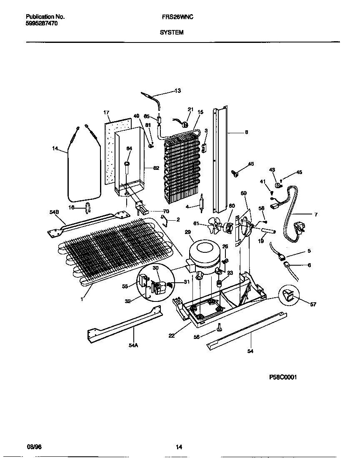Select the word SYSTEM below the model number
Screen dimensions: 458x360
pyautogui.click(x=171, y=32)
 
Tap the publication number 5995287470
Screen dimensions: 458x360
pyautogui.click(x=42, y=24)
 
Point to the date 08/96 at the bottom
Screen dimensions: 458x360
pyautogui.click(x=33, y=447)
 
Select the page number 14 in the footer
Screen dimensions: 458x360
pyautogui.click(x=179, y=448)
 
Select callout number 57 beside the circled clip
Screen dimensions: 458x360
pyautogui.click(x=313, y=304)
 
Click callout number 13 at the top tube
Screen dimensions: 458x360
pyautogui.click(x=177, y=91)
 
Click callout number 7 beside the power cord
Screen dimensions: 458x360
pyautogui.click(x=315, y=214)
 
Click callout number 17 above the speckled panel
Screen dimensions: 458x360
pyautogui.click(x=106, y=112)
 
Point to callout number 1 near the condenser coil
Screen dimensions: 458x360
pyautogui.click(x=82, y=299)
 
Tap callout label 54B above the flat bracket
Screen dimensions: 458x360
pyautogui.click(x=55, y=212)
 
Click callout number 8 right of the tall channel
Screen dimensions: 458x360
pyautogui.click(x=246, y=133)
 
